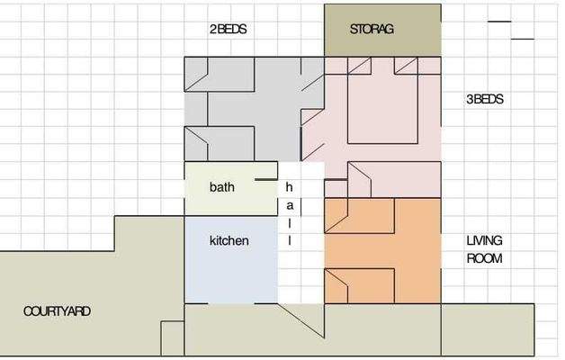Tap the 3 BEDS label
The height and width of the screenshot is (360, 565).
coord(484,100)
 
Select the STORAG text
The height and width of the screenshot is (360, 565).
coord(372,29)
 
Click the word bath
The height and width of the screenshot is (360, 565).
coord(221,188)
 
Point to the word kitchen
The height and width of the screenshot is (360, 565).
coord(229,241)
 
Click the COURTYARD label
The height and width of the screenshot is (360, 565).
coord(56,311)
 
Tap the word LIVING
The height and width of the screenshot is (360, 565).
coord(484,241)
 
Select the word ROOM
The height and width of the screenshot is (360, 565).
coord(484,258)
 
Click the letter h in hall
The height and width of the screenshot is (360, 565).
coord(289,188)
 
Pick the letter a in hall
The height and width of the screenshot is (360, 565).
coord(289,206)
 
